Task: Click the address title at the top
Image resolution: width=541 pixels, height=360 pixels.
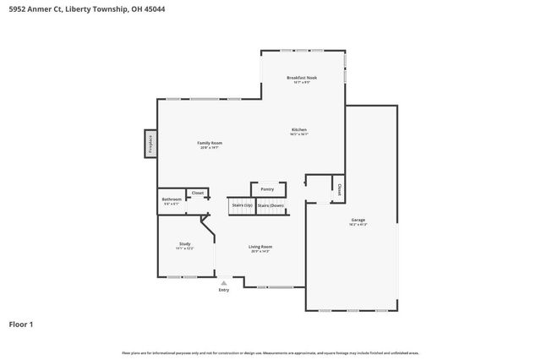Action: pyautogui.click(x=75, y=9)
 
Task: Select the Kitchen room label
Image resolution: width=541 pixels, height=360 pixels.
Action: pyautogui.click(x=299, y=129)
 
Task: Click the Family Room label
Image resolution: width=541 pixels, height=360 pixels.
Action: pyautogui.click(x=210, y=143)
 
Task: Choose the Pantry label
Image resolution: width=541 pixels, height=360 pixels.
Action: pyautogui.click(x=267, y=189)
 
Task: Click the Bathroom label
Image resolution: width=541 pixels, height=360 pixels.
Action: pyautogui.click(x=171, y=199)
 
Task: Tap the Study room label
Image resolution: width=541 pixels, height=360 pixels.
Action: pyautogui.click(x=184, y=243)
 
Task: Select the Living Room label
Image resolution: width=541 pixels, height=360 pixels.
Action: pyautogui.click(x=260, y=246)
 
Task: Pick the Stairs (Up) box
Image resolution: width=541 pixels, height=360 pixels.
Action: pyautogui.click(x=242, y=205)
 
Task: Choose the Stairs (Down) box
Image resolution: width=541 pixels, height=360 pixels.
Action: pyautogui.click(x=271, y=205)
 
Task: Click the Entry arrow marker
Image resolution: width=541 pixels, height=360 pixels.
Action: pyautogui.click(x=223, y=283)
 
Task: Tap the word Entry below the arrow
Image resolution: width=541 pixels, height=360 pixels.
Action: pyautogui.click(x=223, y=291)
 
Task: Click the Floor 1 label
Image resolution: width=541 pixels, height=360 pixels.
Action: pyautogui.click(x=20, y=324)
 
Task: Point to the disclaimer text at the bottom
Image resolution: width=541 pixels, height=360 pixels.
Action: pyautogui.click(x=270, y=352)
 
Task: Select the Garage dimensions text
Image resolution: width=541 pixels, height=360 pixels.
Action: pyautogui.click(x=358, y=224)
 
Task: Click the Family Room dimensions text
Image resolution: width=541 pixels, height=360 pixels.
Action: pyautogui.click(x=210, y=148)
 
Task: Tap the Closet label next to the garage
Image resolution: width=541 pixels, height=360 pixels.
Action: pyautogui.click(x=339, y=188)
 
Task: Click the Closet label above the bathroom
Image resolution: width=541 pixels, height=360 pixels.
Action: pyautogui.click(x=198, y=193)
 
